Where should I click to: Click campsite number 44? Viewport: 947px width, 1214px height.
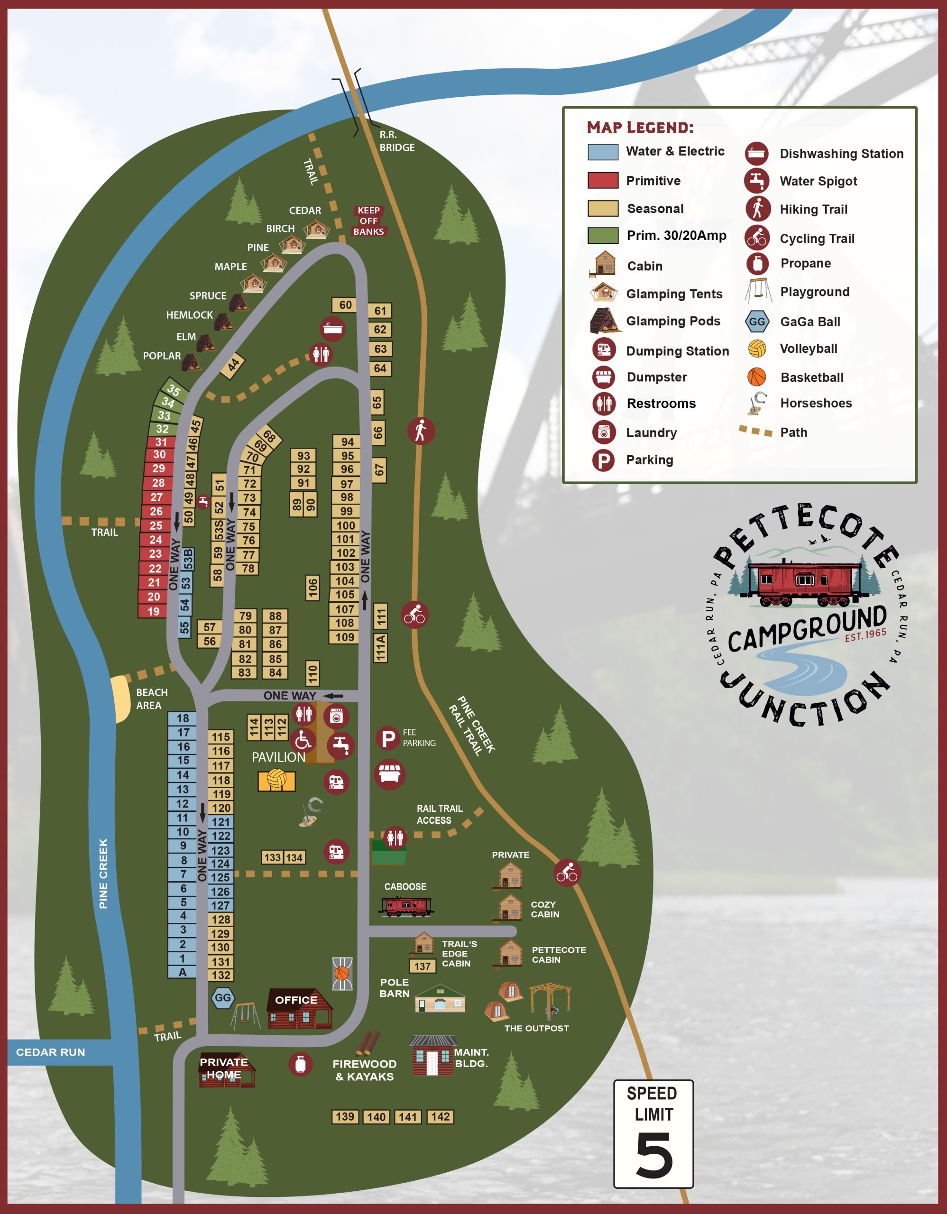(x=233, y=365)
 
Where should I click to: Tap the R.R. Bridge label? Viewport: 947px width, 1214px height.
(x=396, y=141)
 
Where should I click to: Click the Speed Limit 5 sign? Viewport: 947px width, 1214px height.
(x=653, y=1134)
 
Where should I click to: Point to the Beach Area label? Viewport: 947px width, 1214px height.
(x=151, y=699)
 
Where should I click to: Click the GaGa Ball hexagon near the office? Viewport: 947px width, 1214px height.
(x=223, y=998)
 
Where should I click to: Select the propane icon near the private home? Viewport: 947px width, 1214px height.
(x=300, y=1064)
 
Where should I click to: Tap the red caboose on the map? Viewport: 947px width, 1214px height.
(x=406, y=906)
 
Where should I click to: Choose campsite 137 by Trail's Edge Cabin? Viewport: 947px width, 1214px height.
(x=423, y=966)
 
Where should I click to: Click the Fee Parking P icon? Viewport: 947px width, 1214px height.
(x=388, y=739)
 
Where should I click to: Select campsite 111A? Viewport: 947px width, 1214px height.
(x=380, y=648)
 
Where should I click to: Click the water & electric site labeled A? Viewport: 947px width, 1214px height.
(x=182, y=972)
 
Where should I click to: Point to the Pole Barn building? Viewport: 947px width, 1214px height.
(x=440, y=1000)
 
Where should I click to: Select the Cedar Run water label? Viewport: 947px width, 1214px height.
(x=51, y=1052)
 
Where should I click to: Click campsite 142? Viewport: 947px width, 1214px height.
(x=440, y=1117)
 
